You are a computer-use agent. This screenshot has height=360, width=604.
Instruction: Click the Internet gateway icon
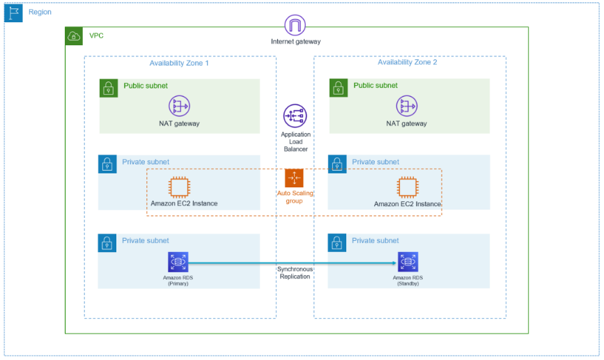click(x=295, y=26)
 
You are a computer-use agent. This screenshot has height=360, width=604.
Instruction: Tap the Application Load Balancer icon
click(x=295, y=116)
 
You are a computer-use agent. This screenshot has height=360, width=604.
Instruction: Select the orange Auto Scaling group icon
click(x=295, y=178)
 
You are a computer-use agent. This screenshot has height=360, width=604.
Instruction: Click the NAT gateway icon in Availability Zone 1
click(x=179, y=106)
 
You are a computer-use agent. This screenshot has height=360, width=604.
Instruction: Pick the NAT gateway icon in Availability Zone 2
click(x=407, y=106)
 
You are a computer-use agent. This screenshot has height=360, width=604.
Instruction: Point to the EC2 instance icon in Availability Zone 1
click(x=180, y=187)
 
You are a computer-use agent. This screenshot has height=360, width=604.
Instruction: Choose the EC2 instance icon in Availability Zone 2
click(x=408, y=187)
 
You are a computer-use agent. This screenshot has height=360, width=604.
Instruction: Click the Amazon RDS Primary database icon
click(x=178, y=262)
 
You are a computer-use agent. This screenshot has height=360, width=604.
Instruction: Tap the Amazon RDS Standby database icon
click(x=408, y=262)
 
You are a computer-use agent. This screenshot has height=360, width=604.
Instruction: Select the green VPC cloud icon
click(x=74, y=36)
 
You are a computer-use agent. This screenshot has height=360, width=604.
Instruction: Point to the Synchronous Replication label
click(x=295, y=272)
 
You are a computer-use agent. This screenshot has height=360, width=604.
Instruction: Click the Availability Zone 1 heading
click(x=179, y=63)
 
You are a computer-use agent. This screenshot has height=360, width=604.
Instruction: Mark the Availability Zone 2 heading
click(x=408, y=63)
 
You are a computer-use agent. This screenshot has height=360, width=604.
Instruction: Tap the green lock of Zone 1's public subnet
click(x=108, y=88)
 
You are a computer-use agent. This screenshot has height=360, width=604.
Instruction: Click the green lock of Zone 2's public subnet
click(x=338, y=88)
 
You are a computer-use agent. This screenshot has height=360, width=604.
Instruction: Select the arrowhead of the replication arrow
click(x=394, y=263)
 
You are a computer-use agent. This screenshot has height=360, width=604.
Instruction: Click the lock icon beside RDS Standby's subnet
click(x=337, y=243)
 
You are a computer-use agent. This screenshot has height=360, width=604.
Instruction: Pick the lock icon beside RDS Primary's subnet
click(x=107, y=243)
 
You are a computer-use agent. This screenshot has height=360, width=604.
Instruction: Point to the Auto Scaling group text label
click(x=295, y=196)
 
